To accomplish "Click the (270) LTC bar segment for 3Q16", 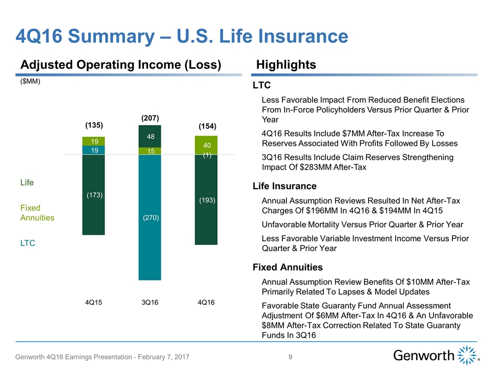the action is coord(150,217).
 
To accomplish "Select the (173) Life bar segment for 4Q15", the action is coord(93,195).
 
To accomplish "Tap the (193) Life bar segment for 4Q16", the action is coord(206,199).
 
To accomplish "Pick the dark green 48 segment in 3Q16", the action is coord(150,136).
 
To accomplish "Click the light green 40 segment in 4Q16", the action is coord(206,145).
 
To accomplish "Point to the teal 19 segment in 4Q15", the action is coord(93,150).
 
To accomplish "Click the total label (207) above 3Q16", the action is coord(150,118).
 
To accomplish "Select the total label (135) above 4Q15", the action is coord(94,125).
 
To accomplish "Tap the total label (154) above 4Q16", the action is coord(208,126).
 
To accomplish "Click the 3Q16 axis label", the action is coord(150,302).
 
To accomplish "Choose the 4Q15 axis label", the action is coord(93,302).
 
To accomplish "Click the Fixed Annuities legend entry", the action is coord(37,213).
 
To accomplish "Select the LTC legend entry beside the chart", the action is coord(28,243).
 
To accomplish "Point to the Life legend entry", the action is coord(27,182).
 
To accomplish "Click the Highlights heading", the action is coord(286,65).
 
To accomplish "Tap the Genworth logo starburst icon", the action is coord(467,355).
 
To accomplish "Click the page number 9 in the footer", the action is coord(290,357).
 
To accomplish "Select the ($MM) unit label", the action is coord(30,81).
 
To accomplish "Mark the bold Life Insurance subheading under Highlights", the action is coord(284,186).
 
